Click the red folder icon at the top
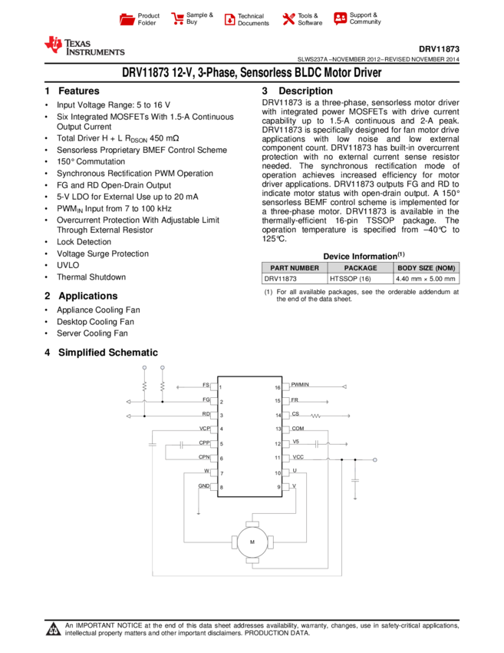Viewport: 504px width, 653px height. click(127, 20)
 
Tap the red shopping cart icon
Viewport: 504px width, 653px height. click(178, 19)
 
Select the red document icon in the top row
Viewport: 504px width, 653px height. click(229, 20)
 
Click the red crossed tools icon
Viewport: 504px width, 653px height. click(288, 19)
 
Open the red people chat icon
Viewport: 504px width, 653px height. click(340, 18)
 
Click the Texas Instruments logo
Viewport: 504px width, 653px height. click(84, 46)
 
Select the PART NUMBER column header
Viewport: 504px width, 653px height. click(295, 268)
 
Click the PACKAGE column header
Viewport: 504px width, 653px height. click(361, 268)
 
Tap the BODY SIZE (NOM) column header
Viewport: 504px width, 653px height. click(427, 268)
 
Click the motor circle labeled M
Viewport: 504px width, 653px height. click(252, 542)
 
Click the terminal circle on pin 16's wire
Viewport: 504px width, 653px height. click(344, 386)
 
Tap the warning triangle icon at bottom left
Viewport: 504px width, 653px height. click(53, 630)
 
